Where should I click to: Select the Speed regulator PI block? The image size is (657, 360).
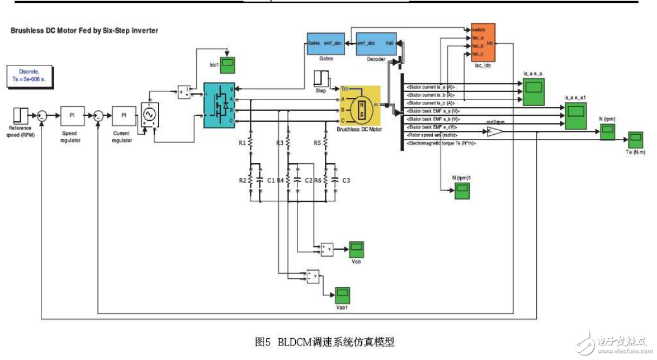[72, 115]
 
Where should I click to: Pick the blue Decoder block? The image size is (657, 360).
[376, 43]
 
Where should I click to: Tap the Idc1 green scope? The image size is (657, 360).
[227, 65]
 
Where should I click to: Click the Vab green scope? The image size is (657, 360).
[356, 248]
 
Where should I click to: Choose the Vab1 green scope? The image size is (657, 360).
[342, 294]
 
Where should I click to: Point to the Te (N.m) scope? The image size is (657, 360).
[635, 139]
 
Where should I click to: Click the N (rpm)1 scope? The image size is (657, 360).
[461, 191]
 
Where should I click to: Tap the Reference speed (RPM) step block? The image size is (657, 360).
[20, 115]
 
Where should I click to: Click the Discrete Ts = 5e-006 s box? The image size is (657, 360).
[29, 75]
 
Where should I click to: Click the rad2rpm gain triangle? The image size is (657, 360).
[494, 131]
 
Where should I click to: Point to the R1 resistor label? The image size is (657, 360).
[242, 144]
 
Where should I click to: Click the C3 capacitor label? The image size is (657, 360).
[346, 180]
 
